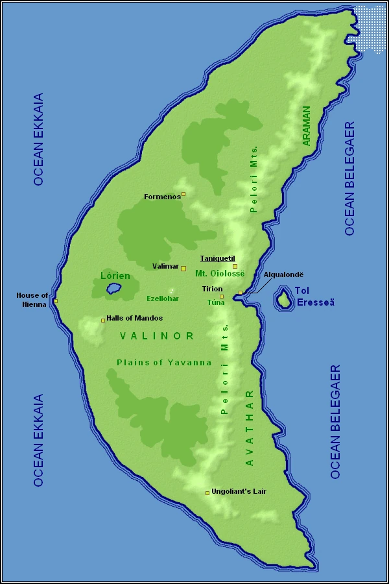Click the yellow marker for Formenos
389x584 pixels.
tap(183, 193)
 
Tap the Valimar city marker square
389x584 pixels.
tap(183, 268)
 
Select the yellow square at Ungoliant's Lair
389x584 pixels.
tap(207, 493)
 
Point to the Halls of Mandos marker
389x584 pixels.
tap(103, 320)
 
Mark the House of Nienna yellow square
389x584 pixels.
tap(56, 301)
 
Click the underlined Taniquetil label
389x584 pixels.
tap(216, 258)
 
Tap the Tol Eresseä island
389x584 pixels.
tap(283, 300)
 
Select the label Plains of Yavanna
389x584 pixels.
tap(164, 362)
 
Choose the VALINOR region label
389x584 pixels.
tap(157, 335)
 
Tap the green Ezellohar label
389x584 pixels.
tap(162, 298)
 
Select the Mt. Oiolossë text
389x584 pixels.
tap(220, 274)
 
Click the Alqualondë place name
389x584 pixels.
tap(283, 275)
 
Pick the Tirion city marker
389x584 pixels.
tap(222, 297)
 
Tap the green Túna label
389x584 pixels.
tap(215, 302)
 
